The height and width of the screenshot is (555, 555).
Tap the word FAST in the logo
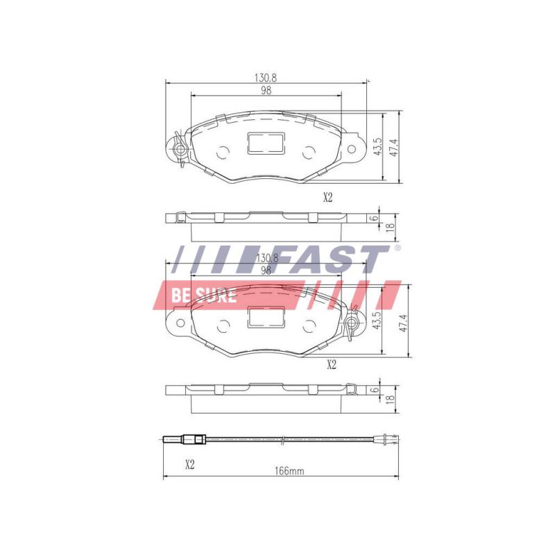click(328, 260)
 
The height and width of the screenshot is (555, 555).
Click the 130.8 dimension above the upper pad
click(266, 77)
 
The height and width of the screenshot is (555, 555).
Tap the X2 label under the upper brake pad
click(328, 197)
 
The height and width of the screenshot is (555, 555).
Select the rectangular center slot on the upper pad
click(265, 144)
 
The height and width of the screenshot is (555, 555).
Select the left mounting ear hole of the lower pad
click(178, 323)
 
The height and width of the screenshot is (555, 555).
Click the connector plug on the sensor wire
click(192, 438)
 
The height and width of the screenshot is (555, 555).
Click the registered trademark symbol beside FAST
click(397, 248)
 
